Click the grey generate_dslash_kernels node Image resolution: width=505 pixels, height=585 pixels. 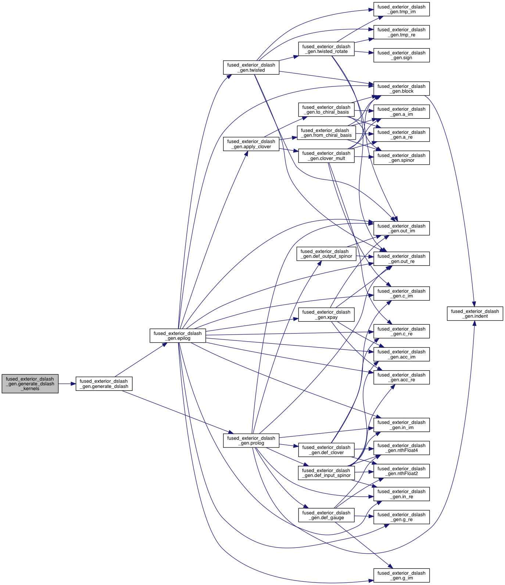pyautogui.click(x=30, y=384)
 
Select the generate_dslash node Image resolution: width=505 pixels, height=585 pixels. pyautogui.click(x=104, y=384)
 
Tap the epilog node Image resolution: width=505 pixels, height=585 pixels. pyautogui.click(x=178, y=336)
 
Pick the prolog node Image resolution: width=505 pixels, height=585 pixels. pyautogui.click(x=251, y=440)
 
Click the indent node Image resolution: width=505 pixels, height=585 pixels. pyautogui.click(x=475, y=314)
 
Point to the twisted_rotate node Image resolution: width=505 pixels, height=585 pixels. pyautogui.click(x=326, y=49)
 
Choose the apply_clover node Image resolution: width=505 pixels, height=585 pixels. pyautogui.click(x=251, y=144)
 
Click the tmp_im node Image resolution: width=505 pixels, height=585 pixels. pyautogui.click(x=401, y=9)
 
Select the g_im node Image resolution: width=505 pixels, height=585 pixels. pyautogui.click(x=401, y=575)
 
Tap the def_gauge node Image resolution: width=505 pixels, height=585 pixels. pyautogui.click(x=326, y=515)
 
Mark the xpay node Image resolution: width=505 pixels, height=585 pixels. pyautogui.click(x=326, y=314)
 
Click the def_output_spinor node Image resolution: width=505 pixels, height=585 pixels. pyautogui.click(x=326, y=254)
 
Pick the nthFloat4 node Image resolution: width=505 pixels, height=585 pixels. pyautogui.click(x=401, y=448)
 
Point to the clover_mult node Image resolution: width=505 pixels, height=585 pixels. pyautogui.click(x=326, y=156)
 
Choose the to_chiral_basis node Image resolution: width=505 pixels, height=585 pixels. pyautogui.click(x=326, y=110)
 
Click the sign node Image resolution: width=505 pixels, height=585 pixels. pyautogui.click(x=401, y=55)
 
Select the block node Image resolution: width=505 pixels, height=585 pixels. pyautogui.click(x=401, y=89)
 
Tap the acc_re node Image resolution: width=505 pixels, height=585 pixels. pyautogui.click(x=401, y=377)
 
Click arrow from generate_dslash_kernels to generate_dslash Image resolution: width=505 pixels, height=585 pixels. pyautogui.click(x=67, y=384)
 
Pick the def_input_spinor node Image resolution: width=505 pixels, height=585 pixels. pyautogui.click(x=326, y=473)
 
